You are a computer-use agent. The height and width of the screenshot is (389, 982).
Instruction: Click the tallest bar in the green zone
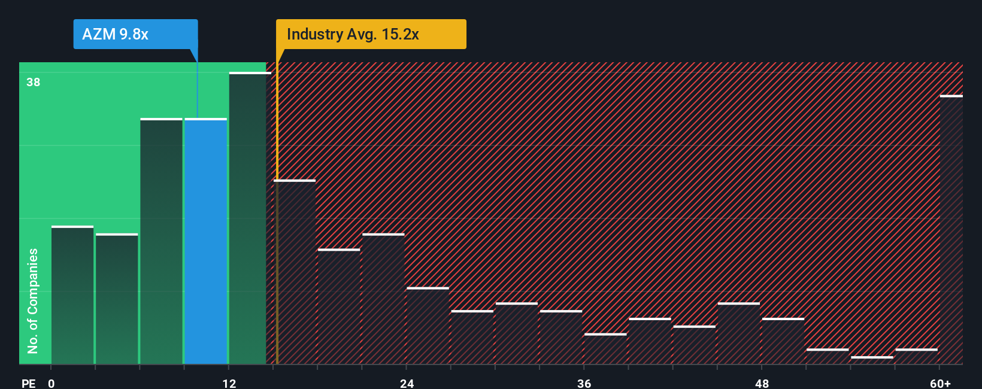248,218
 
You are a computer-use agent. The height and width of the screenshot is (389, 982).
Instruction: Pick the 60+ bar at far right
951,230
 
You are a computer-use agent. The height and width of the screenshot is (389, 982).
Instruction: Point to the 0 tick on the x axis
51,384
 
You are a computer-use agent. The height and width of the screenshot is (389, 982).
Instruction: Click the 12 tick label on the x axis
229,384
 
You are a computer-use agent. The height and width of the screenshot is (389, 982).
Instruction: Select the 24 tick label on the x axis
407,384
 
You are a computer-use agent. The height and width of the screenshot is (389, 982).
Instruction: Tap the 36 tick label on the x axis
584,384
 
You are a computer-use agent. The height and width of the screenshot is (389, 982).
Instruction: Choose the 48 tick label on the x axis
762,384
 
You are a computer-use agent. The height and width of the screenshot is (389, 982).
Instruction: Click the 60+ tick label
940,384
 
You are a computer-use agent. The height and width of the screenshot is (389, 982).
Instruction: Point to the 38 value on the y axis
34,83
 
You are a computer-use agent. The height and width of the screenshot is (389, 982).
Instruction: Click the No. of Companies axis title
33,300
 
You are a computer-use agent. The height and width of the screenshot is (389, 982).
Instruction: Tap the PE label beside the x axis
28,384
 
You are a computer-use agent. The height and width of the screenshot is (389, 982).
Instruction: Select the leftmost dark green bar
72,296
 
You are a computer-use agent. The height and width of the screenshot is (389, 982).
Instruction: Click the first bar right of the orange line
295,272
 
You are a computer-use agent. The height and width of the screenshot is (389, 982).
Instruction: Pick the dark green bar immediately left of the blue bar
162,241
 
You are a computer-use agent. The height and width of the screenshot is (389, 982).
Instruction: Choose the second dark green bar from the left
117,299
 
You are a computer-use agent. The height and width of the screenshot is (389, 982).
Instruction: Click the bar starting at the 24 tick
428,326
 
